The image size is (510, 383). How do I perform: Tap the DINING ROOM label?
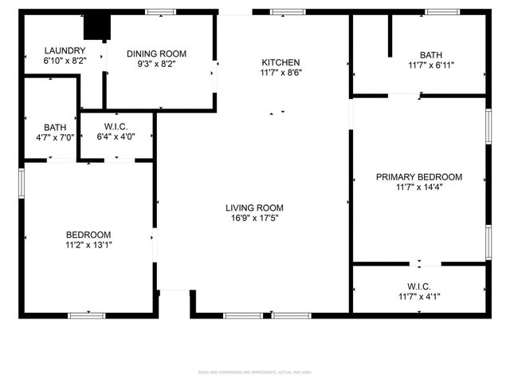point(155,54)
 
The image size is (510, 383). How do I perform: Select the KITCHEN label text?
point(281,62)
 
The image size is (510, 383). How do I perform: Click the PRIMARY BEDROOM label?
point(418,177)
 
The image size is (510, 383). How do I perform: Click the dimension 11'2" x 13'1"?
point(88,245)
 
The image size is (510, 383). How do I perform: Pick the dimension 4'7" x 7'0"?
point(55,137)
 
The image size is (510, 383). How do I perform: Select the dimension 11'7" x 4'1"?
point(418,297)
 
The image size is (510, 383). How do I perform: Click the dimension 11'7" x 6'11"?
point(431,65)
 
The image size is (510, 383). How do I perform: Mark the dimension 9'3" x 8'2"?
point(155,65)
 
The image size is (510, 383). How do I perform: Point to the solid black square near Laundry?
point(97,26)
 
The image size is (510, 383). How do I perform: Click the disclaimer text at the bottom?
point(255,373)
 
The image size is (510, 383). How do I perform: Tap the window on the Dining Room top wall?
point(160,11)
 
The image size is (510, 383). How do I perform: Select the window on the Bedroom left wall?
point(22,181)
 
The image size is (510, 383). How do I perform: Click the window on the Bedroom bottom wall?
point(87,315)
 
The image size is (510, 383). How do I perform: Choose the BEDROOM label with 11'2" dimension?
point(88,235)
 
